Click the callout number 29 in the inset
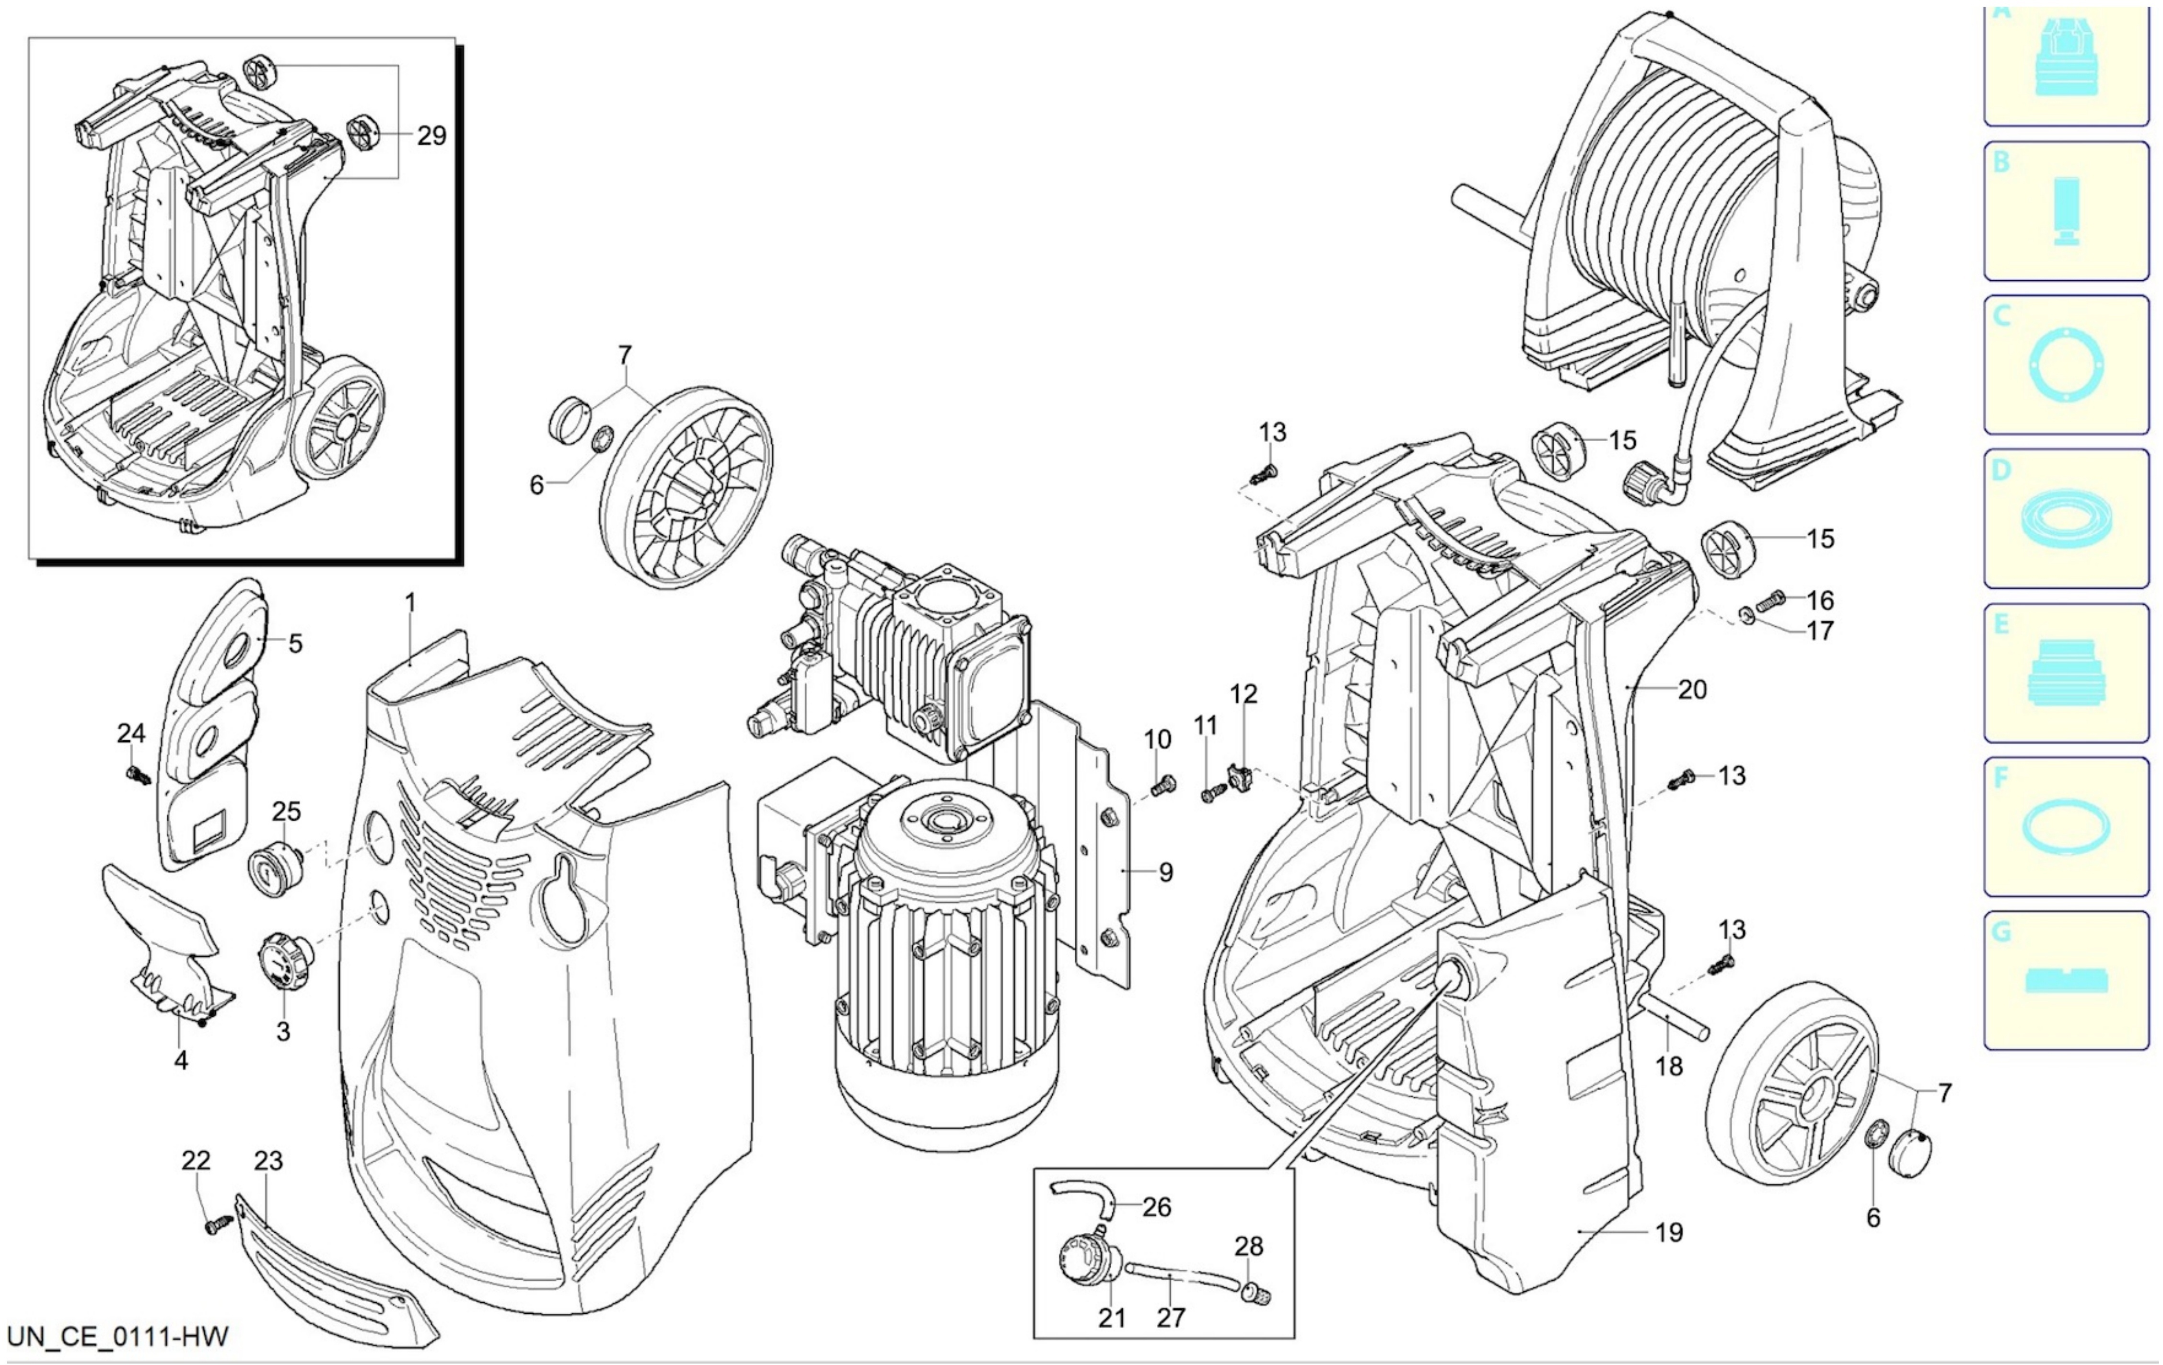point(431,136)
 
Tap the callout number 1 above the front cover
point(410,603)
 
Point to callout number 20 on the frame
point(1692,689)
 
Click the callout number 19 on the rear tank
point(1669,1233)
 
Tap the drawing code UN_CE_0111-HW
point(117,1336)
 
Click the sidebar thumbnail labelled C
point(2066,365)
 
